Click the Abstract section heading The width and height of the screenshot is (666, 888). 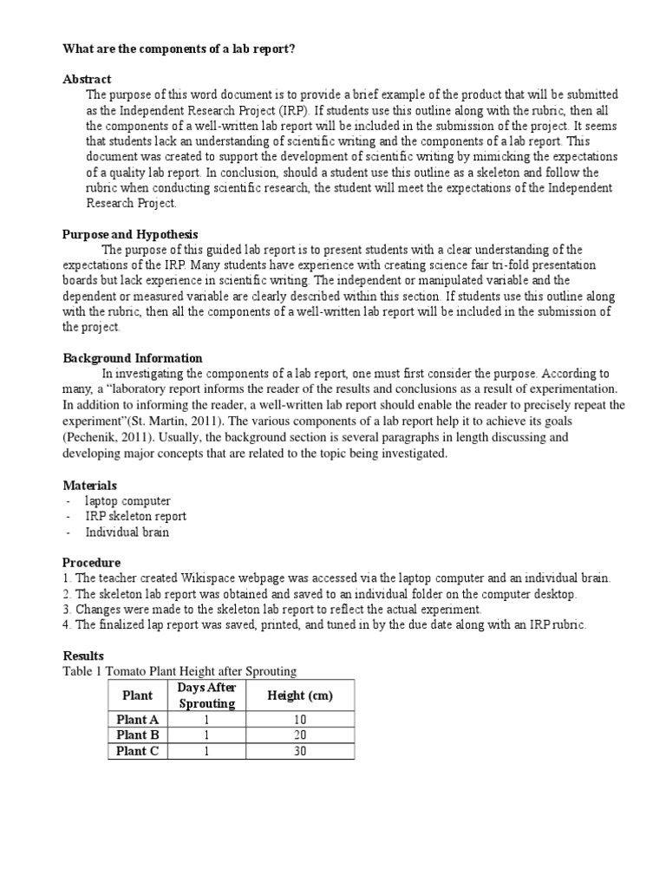click(x=87, y=79)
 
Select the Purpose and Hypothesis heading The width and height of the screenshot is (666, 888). click(x=130, y=234)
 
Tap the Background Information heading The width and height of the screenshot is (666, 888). click(x=133, y=358)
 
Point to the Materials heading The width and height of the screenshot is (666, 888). click(x=90, y=485)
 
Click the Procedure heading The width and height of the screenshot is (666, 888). click(x=92, y=562)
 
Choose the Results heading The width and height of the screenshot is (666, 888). click(x=83, y=656)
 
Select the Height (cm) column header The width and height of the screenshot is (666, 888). click(x=300, y=695)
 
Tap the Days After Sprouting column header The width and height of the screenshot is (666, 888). click(x=207, y=695)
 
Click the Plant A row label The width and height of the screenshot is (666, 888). click(x=138, y=719)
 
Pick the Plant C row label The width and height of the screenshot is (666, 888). click(x=138, y=751)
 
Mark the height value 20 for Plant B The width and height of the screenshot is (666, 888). click(x=300, y=735)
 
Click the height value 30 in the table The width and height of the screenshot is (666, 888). click(x=300, y=751)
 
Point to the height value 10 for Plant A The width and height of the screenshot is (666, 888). click(x=300, y=719)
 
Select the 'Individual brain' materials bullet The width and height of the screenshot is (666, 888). click(x=127, y=532)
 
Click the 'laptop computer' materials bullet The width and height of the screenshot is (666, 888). click(x=127, y=500)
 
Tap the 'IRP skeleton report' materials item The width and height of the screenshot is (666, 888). click(x=135, y=516)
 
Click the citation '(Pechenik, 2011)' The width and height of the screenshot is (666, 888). click(x=106, y=438)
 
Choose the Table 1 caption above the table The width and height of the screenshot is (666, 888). click(x=180, y=671)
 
